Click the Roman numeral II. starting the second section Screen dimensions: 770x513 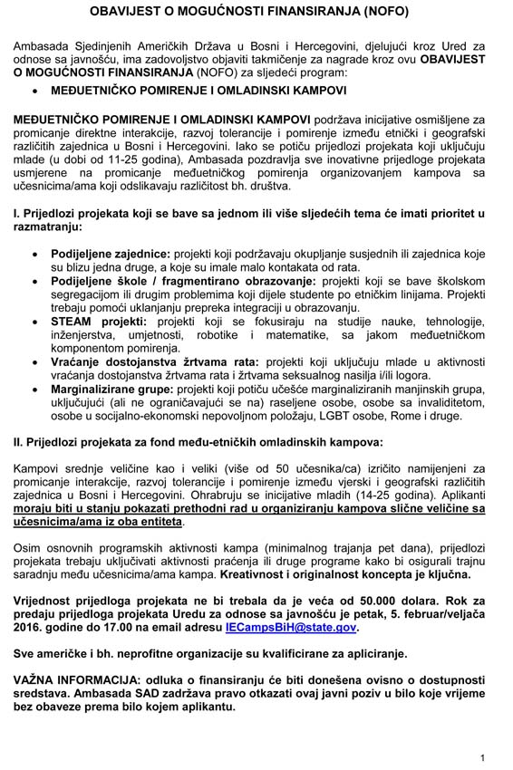tap(19, 442)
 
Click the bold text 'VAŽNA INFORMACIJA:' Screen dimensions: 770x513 tap(80, 679)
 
